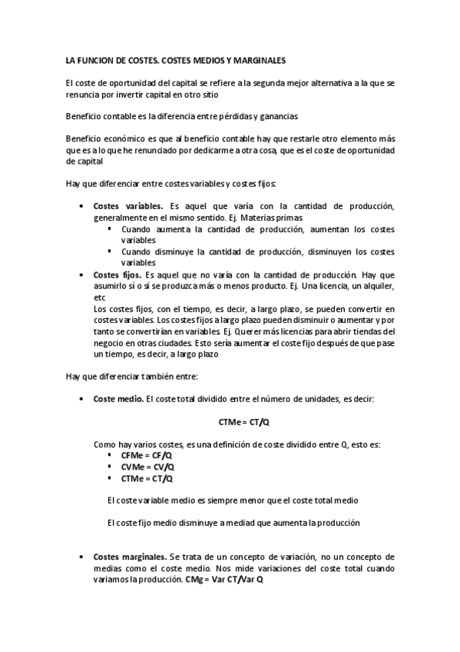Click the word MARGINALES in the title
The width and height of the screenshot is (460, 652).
(255, 58)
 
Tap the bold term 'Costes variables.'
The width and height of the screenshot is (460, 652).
(127, 206)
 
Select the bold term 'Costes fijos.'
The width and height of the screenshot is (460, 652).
(117, 274)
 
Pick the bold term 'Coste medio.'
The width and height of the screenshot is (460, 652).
(117, 399)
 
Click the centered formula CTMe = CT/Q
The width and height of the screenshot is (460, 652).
(245, 421)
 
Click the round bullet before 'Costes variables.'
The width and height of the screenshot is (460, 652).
(82, 207)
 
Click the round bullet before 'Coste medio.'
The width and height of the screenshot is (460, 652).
(82, 399)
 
